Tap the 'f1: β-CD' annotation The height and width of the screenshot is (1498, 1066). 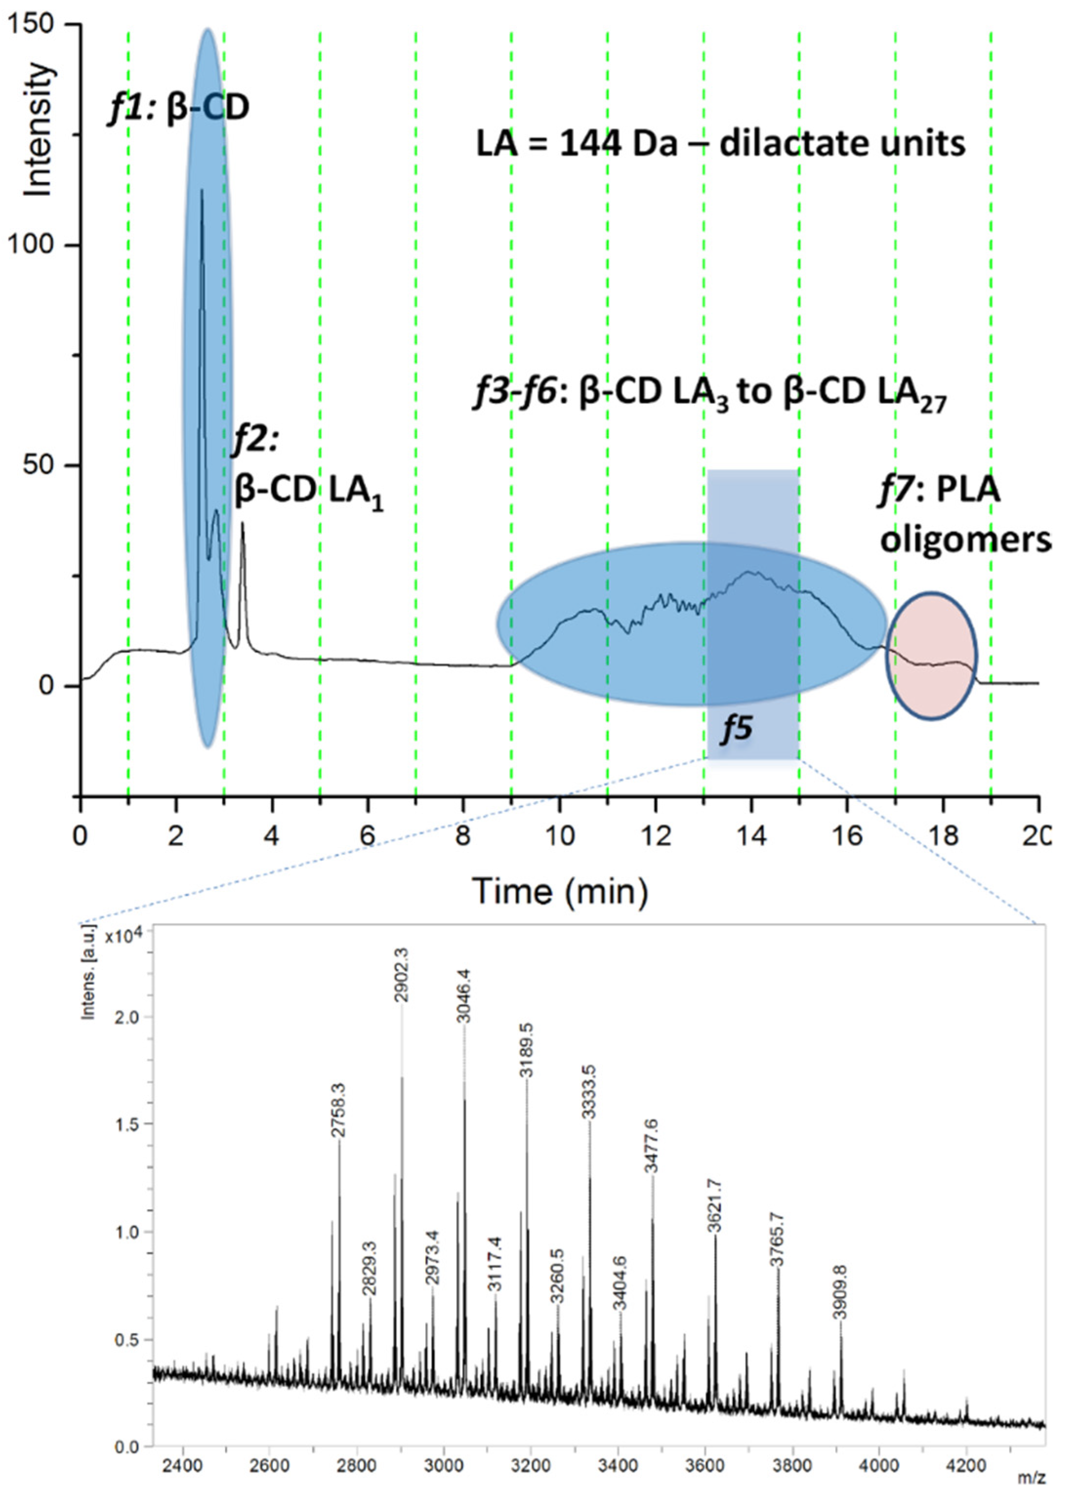pyautogui.click(x=178, y=108)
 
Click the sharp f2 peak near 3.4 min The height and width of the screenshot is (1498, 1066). pyautogui.click(x=242, y=525)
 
